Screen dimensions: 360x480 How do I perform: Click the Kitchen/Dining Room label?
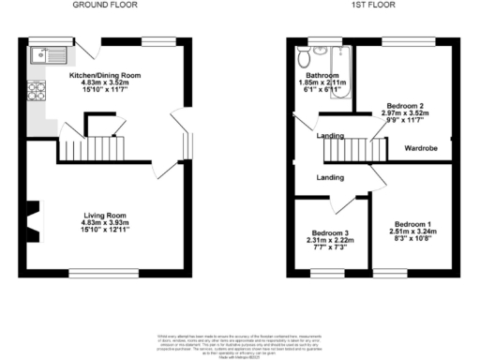click(x=105, y=75)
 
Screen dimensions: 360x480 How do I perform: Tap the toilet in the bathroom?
click(x=305, y=58)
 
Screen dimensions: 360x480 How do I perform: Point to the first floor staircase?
click(x=361, y=147)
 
